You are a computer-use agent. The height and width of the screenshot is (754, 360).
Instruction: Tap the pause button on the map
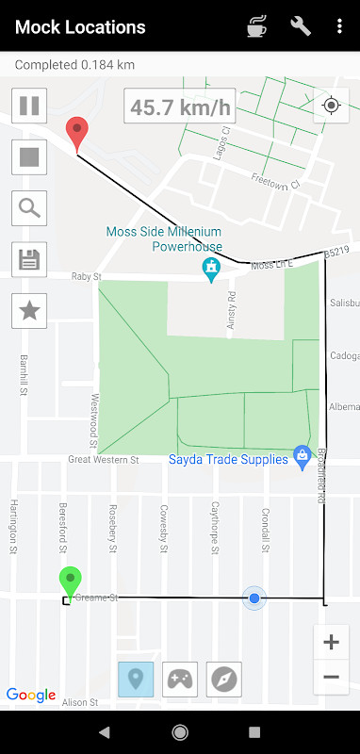pos(29,105)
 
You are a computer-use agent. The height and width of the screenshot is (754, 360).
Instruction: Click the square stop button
pos(29,156)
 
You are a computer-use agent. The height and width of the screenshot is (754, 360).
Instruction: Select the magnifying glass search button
pos(29,208)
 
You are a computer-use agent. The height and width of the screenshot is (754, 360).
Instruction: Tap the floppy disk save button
pos(29,259)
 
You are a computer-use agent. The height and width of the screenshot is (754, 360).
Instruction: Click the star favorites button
pos(29,311)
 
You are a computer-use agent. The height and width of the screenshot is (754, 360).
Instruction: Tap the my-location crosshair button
pos(331,105)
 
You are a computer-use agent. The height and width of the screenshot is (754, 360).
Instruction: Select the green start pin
pos(70,582)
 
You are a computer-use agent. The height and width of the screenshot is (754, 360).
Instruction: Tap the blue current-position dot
pos(254,598)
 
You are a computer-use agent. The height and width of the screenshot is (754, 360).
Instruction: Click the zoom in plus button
pos(331,643)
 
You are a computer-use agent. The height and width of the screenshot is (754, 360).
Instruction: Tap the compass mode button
pos(224,679)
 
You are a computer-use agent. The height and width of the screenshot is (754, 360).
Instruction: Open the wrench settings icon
pos(301,26)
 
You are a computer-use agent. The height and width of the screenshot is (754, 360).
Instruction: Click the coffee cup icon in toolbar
pos(256,26)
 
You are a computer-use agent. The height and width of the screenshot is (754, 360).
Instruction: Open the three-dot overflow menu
pos(339,26)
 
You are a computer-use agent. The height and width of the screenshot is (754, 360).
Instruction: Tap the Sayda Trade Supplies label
pos(228,460)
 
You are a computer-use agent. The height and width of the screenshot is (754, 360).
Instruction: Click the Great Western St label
pos(104,460)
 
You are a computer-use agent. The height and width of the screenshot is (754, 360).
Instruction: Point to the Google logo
pos(31,696)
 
